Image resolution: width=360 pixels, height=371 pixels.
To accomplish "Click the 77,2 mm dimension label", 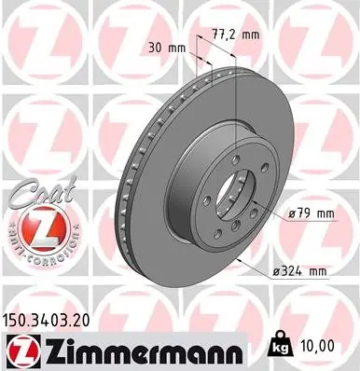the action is click(x=236, y=34).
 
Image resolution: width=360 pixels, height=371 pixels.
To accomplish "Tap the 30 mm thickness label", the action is click(x=167, y=48).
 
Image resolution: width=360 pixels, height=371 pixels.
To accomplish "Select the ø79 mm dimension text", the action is click(x=312, y=213).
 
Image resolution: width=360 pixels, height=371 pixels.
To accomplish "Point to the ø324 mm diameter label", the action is click(x=300, y=271).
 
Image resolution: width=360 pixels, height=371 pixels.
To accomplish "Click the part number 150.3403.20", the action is click(x=46, y=320).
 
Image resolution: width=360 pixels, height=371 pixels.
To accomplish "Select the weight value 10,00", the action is click(x=317, y=345).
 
